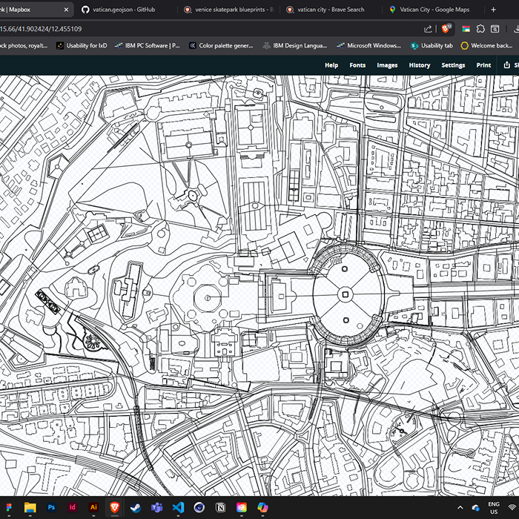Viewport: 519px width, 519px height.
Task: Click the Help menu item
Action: click(x=331, y=65)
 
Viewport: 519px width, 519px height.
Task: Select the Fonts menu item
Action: click(x=357, y=65)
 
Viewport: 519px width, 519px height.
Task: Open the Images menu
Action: click(x=387, y=65)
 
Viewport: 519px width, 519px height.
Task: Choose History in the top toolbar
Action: click(x=419, y=65)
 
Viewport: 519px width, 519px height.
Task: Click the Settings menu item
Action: click(x=453, y=65)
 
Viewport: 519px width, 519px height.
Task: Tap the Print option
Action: click(x=483, y=65)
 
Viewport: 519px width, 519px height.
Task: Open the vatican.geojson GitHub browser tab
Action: click(x=119, y=10)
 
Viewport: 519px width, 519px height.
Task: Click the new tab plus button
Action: click(x=494, y=10)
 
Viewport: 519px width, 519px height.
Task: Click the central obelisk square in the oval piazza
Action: click(x=344, y=295)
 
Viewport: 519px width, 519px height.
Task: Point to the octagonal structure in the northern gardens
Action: click(x=192, y=195)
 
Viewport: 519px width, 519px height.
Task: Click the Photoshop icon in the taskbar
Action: click(x=51, y=507)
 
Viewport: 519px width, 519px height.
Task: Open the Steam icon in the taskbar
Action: click(x=136, y=507)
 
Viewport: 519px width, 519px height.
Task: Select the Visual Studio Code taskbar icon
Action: click(x=178, y=507)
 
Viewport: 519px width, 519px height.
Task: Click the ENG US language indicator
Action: click(x=493, y=507)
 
